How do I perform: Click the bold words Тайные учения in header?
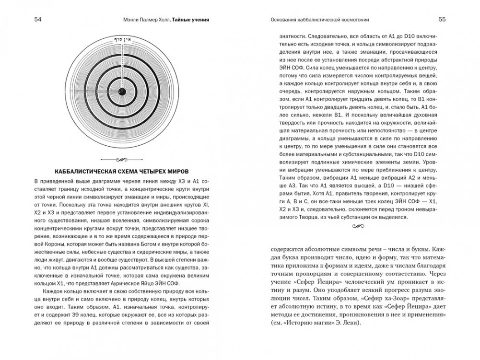click(x=194, y=20)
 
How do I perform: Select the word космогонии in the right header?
click(x=357, y=20)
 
